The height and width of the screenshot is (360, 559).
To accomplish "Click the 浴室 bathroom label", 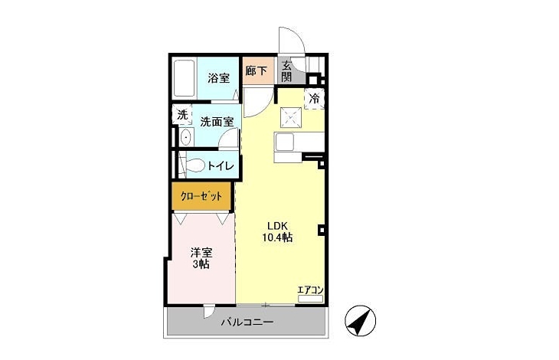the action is tap(218, 77).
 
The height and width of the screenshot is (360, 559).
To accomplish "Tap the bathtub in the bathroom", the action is tap(184, 78).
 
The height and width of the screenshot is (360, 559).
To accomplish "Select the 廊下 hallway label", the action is tap(256, 70).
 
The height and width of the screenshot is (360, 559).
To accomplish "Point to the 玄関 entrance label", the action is tap(287, 71).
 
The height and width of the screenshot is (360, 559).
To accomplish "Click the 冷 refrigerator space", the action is tap(315, 98).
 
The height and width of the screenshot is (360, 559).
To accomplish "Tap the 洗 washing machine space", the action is tap(182, 114).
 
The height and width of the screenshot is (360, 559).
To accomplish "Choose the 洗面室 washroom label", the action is tap(217, 122).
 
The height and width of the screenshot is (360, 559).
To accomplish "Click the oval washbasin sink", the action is tap(185, 137).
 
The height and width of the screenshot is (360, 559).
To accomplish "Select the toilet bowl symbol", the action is tap(195, 165).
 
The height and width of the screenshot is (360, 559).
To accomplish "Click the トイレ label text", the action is tap(221, 165).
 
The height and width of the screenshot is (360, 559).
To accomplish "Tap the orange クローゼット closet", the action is tap(202, 196).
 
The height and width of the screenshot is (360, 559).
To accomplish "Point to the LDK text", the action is tap(277, 226).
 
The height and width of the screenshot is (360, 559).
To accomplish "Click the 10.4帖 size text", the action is tap(277, 237).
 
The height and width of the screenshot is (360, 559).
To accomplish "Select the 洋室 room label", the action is tap(201, 253).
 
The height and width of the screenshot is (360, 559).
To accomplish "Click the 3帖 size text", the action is tap(201, 264).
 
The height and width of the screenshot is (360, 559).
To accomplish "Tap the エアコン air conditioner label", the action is tap(311, 290).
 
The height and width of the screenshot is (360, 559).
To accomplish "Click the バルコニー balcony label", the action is tap(247, 322).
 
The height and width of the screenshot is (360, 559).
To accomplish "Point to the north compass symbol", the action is tap(361, 320).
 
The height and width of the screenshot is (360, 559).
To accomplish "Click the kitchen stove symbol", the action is tap(291, 117).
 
